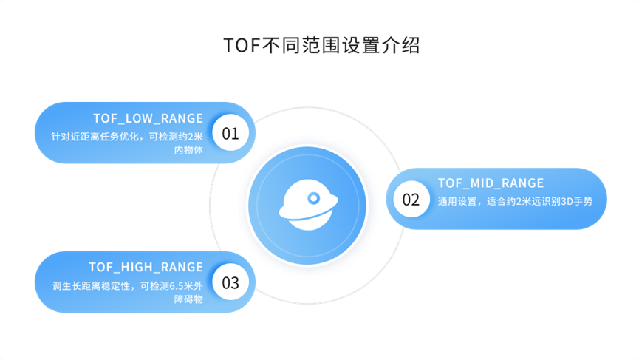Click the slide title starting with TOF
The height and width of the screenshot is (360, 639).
(x=321, y=46)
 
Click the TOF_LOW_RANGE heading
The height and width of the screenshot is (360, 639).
(x=148, y=118)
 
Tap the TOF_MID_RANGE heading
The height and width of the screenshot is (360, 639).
(x=491, y=183)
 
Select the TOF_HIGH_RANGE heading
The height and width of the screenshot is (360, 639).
(x=146, y=267)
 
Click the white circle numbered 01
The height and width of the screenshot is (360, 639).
(x=230, y=134)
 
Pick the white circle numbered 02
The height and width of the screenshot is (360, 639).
(x=411, y=200)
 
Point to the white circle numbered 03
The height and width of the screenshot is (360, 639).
(x=230, y=282)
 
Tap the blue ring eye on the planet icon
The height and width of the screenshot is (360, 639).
(x=315, y=197)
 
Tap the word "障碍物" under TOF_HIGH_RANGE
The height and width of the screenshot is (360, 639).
(x=188, y=299)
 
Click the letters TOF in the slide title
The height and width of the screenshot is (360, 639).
(x=237, y=46)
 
